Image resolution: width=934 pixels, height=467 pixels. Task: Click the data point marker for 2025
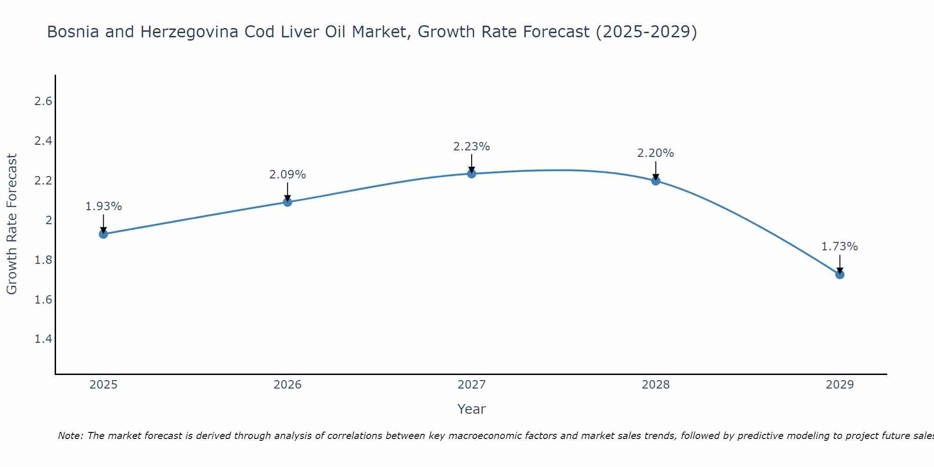(x=104, y=234)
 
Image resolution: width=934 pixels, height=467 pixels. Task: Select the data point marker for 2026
(x=288, y=202)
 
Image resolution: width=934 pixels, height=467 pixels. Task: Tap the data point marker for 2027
(x=472, y=174)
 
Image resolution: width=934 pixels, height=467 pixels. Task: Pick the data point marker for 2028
(x=656, y=181)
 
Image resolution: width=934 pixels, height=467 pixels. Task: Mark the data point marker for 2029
(x=840, y=274)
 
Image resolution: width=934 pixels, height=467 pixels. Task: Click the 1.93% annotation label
(x=104, y=206)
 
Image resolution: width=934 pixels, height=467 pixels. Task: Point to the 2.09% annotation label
(x=288, y=175)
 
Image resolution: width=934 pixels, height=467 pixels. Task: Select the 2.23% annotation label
(x=472, y=147)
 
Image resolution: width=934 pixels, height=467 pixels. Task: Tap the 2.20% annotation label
(x=656, y=153)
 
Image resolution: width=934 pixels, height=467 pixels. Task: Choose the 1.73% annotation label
(x=840, y=247)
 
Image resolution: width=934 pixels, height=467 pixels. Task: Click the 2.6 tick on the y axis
(x=43, y=101)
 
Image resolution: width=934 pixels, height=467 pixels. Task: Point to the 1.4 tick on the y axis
(x=43, y=339)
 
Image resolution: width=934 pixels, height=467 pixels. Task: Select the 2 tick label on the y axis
(x=49, y=220)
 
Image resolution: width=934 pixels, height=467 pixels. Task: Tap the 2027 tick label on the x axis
(x=472, y=385)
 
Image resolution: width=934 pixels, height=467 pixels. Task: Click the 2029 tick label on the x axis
(x=840, y=385)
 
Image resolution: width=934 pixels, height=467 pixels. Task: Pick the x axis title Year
(x=472, y=409)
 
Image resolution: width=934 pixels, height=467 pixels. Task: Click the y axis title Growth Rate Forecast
(x=12, y=224)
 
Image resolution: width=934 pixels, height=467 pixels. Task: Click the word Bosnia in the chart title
(x=73, y=32)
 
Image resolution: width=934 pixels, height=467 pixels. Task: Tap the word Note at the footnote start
(x=70, y=436)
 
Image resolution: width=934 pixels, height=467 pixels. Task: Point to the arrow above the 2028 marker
(x=656, y=170)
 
